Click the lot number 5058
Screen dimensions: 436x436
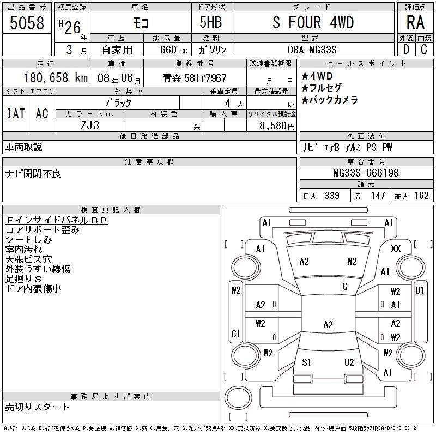[27, 23]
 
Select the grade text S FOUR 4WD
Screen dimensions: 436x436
[313, 22]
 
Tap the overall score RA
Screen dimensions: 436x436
[415, 22]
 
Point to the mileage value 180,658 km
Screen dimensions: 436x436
[56, 78]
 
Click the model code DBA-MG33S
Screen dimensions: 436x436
[312, 50]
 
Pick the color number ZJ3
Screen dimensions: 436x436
[90, 125]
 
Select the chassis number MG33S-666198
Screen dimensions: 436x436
[366, 173]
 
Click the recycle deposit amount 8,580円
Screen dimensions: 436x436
[277, 126]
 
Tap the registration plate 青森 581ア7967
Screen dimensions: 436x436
[195, 78]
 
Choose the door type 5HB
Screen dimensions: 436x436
[211, 22]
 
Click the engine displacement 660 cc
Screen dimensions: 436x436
[174, 50]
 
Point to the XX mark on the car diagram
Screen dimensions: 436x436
[396, 249]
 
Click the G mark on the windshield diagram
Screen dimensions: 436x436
[345, 287]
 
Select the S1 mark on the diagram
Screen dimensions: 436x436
[306, 362]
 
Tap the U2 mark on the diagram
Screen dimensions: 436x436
[349, 362]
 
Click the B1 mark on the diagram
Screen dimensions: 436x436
[420, 290]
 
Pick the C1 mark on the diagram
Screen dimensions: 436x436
[235, 334]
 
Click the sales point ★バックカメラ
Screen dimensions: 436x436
[330, 100]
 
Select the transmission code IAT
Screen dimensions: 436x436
[16, 113]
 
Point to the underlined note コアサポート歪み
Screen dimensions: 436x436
[43, 230]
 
